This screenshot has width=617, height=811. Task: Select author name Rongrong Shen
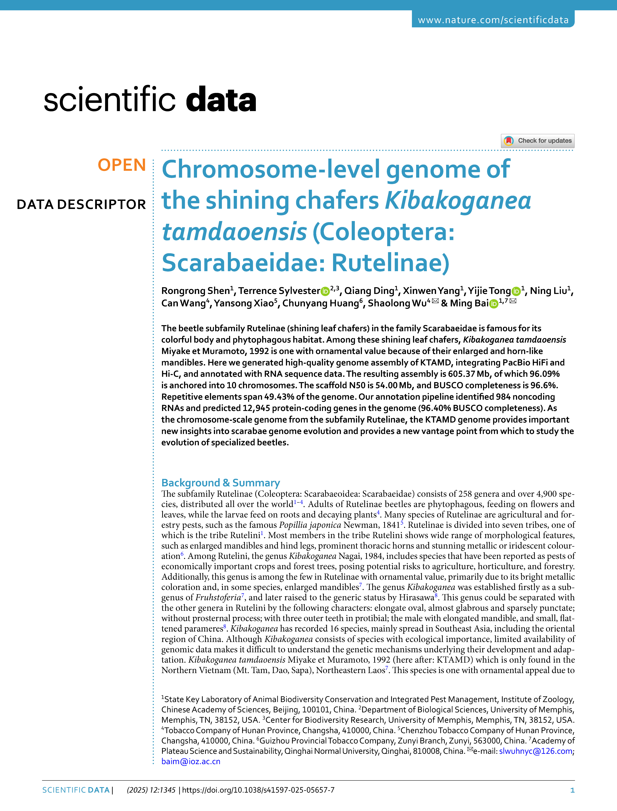click(195, 291)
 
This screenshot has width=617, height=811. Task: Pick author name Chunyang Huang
click(320, 303)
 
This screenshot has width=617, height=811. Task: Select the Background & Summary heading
click(220, 483)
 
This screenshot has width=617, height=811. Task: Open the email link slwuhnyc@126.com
click(535, 751)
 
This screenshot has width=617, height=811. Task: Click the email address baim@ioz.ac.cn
click(191, 761)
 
